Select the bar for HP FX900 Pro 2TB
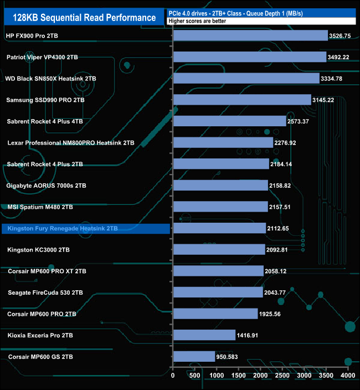coord(250,36)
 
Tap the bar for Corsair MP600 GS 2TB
coord(194,356)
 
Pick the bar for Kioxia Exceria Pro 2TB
coord(204,335)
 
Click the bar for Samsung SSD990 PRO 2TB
coord(242,100)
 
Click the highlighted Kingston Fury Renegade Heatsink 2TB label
coord(62,228)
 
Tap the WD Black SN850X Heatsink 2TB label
coord(50,79)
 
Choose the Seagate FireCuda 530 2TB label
coord(45,292)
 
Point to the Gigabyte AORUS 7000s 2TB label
coord(46,186)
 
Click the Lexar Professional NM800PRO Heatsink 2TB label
coord(71,143)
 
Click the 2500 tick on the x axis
coord(282,376)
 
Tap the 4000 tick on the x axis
coord(347,376)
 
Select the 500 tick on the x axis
coord(195,376)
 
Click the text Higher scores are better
coord(198,21)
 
